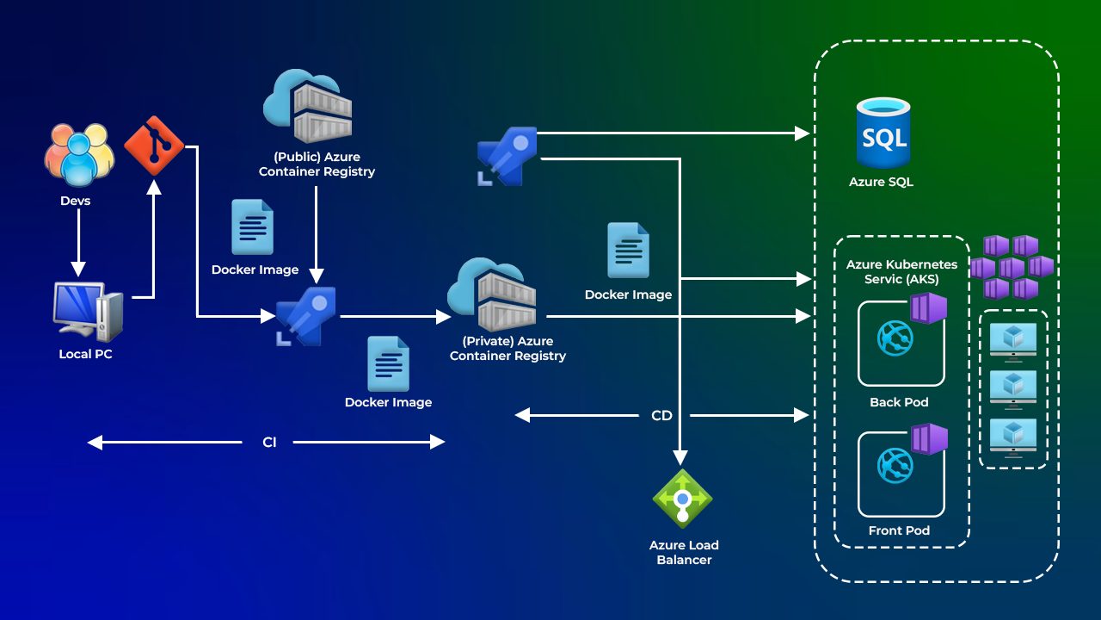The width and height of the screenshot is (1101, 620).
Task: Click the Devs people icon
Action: click(78, 155)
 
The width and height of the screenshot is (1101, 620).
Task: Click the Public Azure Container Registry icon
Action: click(308, 108)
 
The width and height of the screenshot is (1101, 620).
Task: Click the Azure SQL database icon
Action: click(883, 133)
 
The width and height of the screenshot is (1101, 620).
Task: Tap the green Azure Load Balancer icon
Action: click(683, 499)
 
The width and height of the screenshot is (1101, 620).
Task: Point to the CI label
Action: click(269, 443)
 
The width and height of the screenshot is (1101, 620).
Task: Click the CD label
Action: click(661, 416)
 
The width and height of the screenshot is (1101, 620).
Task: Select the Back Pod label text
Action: click(899, 402)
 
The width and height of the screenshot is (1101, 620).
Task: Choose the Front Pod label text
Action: click(899, 530)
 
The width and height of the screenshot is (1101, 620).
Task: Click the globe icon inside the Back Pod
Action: click(895, 338)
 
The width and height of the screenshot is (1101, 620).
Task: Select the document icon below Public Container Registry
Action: click(253, 227)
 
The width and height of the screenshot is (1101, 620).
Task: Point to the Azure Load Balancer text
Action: click(684, 552)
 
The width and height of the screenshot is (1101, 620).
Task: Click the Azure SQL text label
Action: click(881, 182)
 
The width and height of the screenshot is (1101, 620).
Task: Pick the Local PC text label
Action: click(86, 354)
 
